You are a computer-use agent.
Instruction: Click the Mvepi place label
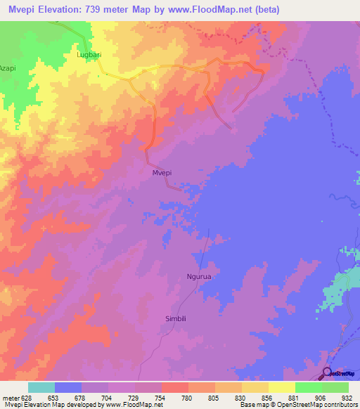162,172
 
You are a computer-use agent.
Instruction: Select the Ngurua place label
199,276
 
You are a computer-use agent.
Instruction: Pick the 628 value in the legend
27,397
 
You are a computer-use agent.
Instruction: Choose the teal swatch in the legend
41,387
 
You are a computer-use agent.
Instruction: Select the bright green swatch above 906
308,387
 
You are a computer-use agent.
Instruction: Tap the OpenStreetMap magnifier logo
328,372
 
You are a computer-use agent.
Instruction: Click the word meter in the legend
10,397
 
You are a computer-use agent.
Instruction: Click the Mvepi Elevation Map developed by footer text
48,405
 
